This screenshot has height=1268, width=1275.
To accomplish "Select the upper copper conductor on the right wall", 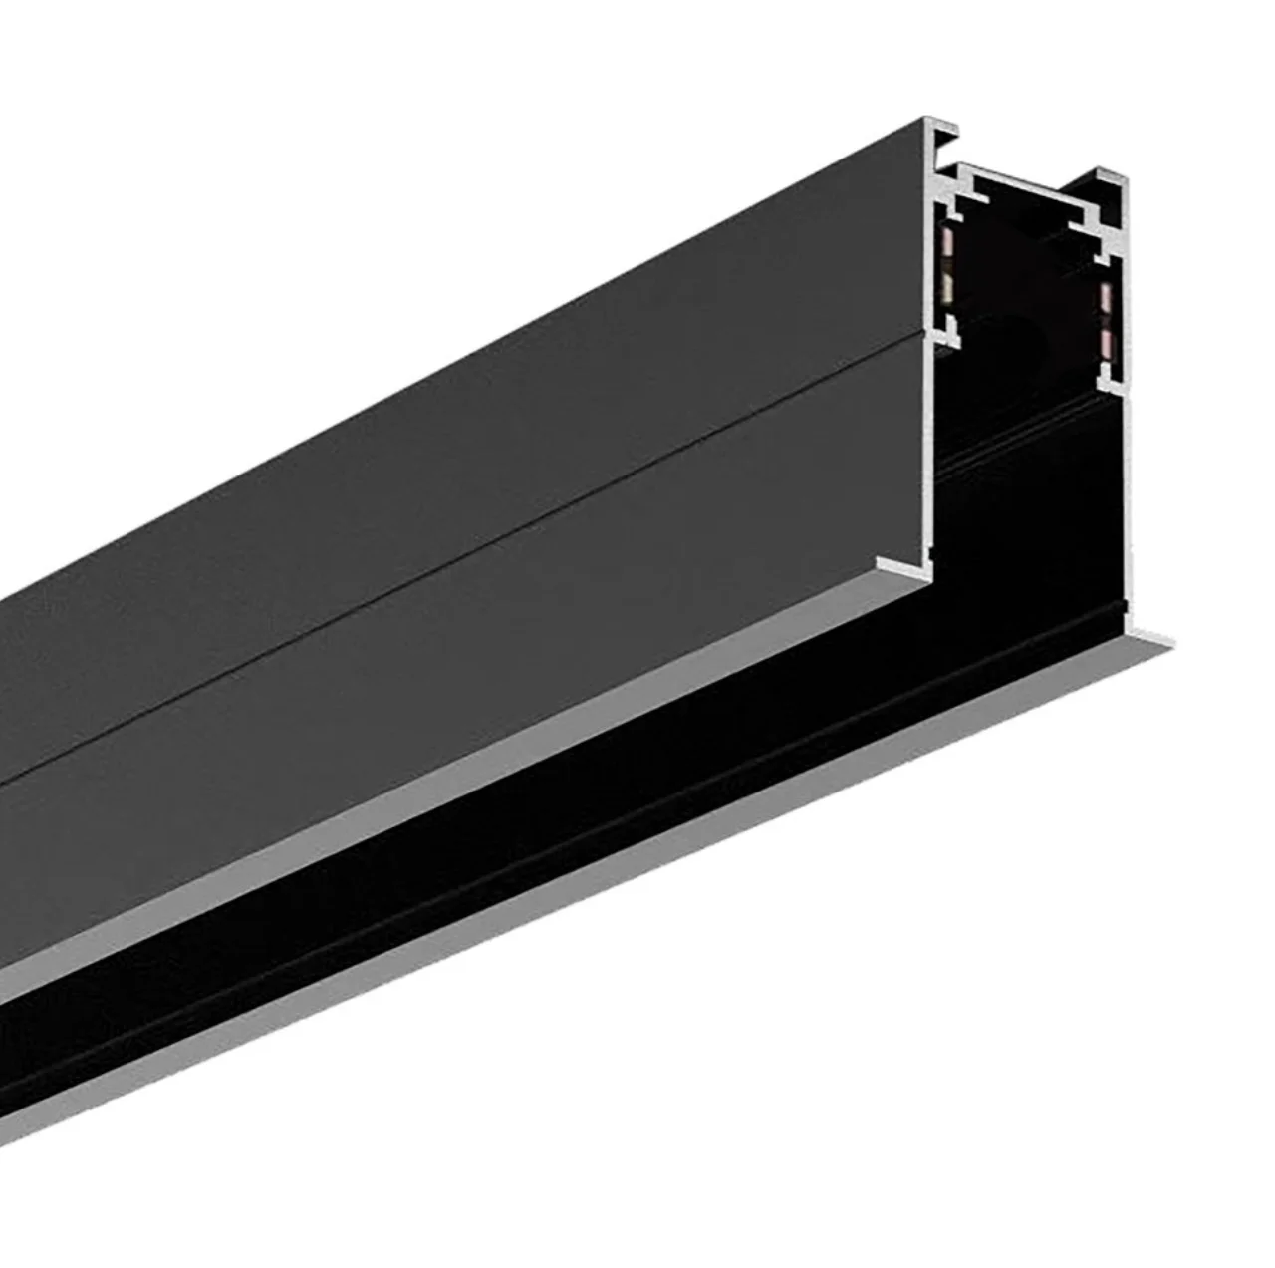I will tap(1105, 296).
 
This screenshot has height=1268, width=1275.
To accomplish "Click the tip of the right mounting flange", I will tap(1155, 637).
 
